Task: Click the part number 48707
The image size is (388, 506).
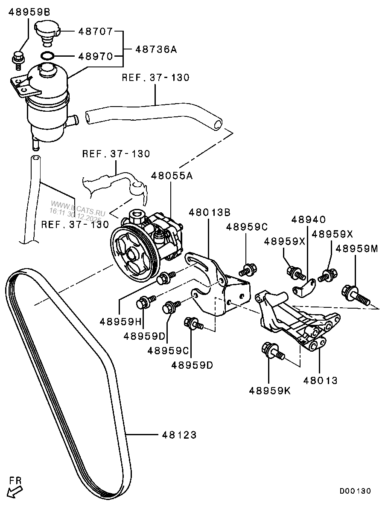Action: pyautogui.click(x=95, y=32)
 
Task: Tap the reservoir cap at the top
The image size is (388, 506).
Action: pyautogui.click(x=47, y=30)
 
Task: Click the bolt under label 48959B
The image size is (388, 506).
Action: pyautogui.click(x=18, y=58)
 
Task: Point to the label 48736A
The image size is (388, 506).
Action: pyautogui.click(x=156, y=50)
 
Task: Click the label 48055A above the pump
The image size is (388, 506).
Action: pyautogui.click(x=171, y=175)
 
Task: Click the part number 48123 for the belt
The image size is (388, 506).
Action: pyautogui.click(x=179, y=435)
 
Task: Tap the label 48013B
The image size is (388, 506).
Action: pyautogui.click(x=210, y=212)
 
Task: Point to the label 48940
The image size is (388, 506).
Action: pyautogui.click(x=308, y=220)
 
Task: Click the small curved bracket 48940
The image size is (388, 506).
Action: pyautogui.click(x=303, y=288)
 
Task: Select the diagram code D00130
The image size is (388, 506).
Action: pyautogui.click(x=355, y=491)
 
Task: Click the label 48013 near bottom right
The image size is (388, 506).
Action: pyautogui.click(x=320, y=380)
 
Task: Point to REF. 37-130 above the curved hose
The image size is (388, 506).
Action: pyautogui.click(x=155, y=78)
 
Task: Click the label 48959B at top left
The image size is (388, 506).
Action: pyautogui.click(x=29, y=12)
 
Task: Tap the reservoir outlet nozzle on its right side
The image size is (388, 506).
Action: pyautogui.click(x=73, y=120)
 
